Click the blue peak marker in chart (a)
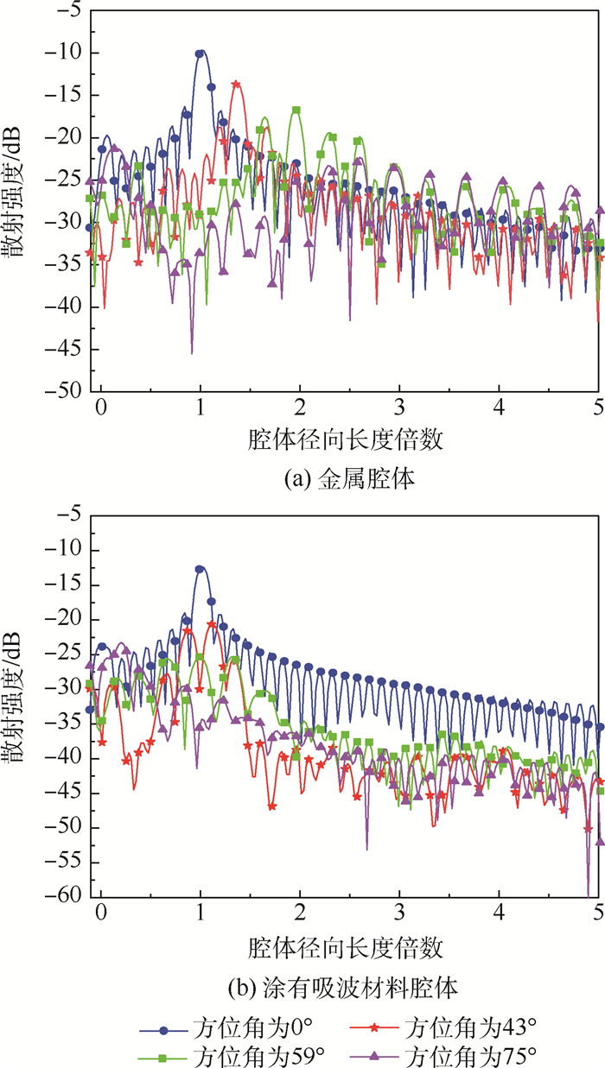click(201, 54)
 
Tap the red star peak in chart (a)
click(236, 84)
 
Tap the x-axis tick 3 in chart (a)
click(399, 407)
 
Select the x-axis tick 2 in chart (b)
click(300, 913)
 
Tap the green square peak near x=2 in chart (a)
click(296, 111)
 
